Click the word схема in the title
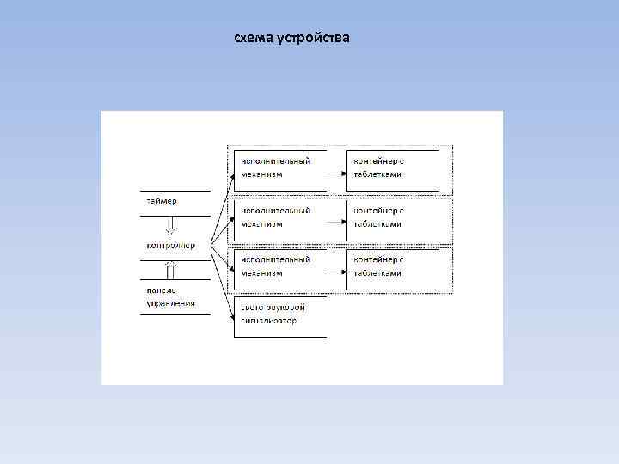click(253, 39)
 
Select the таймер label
click(161, 201)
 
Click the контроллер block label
click(170, 245)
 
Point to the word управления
click(169, 302)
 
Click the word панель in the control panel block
click(162, 290)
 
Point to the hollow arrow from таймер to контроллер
click(170, 226)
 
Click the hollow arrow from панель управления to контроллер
click(170, 269)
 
